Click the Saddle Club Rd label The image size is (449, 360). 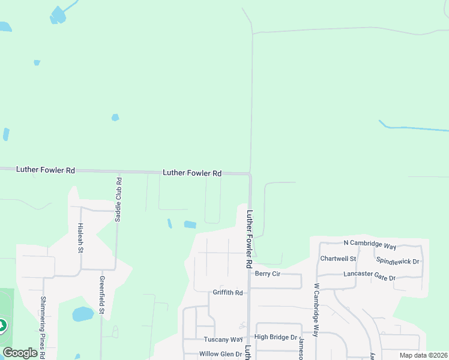tap(119, 200)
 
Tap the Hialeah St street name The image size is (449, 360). tap(80, 238)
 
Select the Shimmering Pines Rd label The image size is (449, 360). tap(43, 327)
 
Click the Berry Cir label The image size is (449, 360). tap(268, 274)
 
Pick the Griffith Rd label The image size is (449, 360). tap(228, 293)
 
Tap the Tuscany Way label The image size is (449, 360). tap(218, 340)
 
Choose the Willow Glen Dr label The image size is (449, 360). tap(220, 354)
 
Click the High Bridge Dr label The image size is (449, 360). tap(276, 338)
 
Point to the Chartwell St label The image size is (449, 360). tap(338, 259)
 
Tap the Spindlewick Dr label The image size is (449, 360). tap(397, 262)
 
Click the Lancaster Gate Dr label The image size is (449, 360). tap(370, 275)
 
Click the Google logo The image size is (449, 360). tap(20, 353)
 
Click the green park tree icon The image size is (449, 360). tap(2, 326)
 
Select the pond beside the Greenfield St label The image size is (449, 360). tap(82, 314)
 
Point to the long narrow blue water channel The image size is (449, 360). tap(414, 128)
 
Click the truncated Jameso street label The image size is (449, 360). tap(300, 347)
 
